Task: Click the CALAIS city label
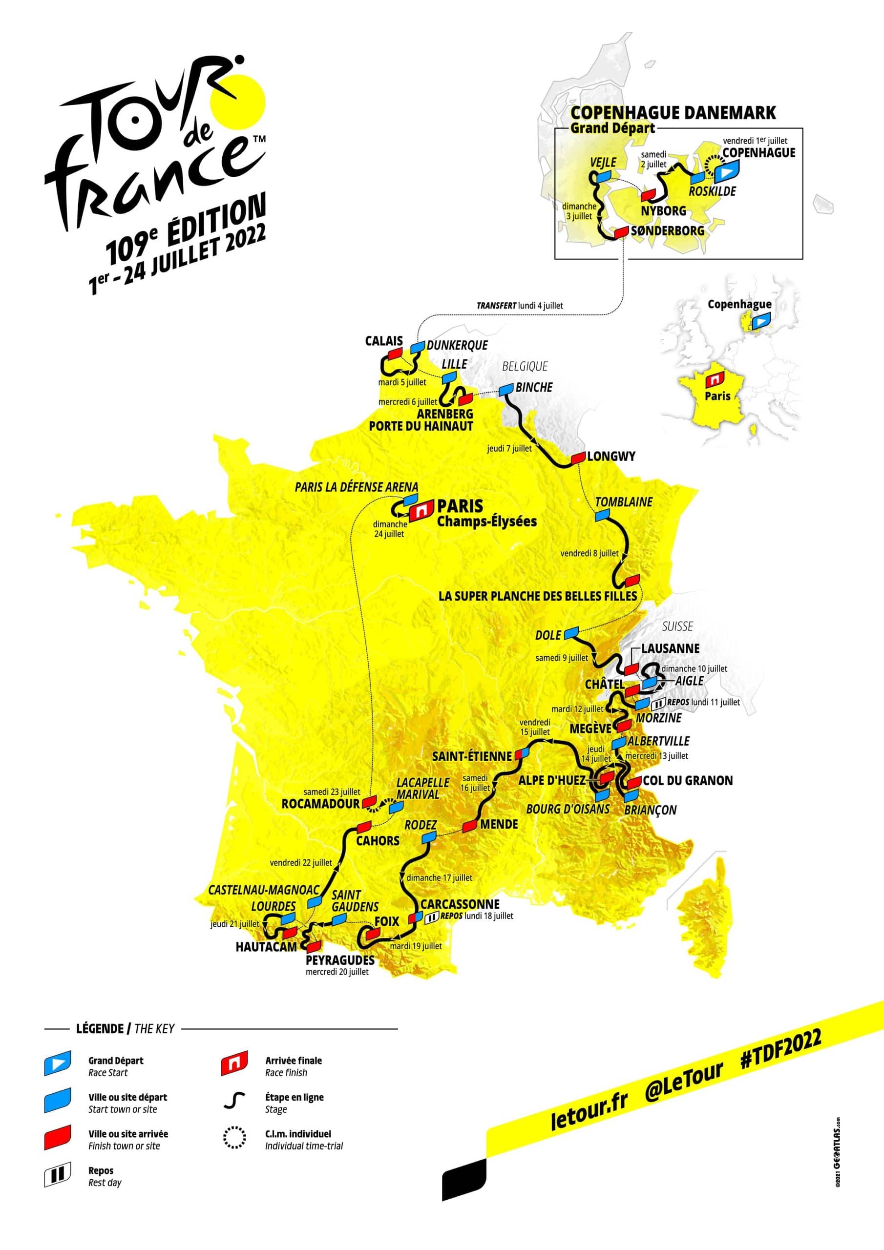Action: pos(383,341)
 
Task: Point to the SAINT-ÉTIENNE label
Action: pos(472,756)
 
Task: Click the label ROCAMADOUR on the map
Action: pos(320,804)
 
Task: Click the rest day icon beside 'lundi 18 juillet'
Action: pos(431,917)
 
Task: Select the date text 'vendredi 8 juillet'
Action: pos(589,553)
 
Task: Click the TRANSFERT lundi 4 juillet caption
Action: pos(520,306)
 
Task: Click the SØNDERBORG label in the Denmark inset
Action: pos(667,231)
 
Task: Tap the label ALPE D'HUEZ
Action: pos(552,780)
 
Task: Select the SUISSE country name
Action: pos(677,626)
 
